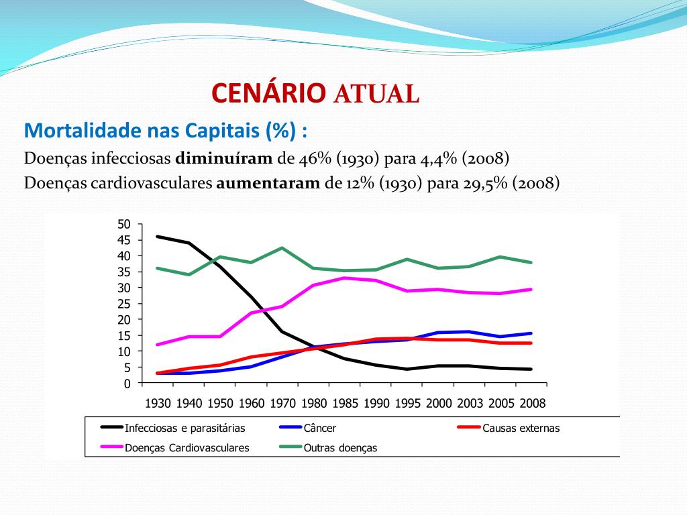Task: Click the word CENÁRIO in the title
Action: tap(269, 94)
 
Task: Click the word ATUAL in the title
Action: tap(376, 95)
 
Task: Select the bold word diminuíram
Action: tap(224, 159)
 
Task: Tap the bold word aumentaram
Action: tap(268, 183)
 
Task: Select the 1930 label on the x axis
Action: tap(158, 404)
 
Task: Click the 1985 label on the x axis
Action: tap(345, 404)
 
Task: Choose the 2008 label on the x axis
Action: tap(533, 404)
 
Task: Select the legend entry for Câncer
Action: tap(320, 428)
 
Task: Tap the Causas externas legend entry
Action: tap(521, 428)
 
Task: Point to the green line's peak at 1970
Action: tap(282, 248)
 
